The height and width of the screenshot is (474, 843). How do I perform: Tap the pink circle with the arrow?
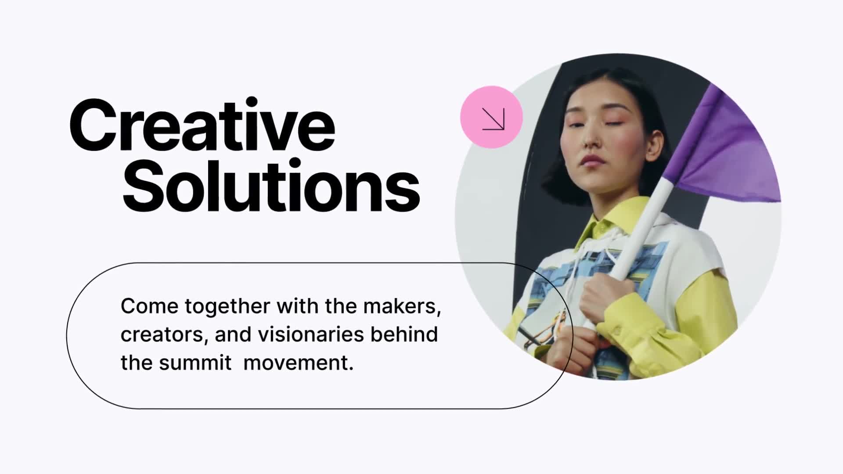point(491,117)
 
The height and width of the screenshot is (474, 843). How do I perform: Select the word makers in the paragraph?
point(402,306)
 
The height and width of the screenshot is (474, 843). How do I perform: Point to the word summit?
point(195,363)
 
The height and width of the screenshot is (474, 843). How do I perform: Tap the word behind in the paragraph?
point(404,334)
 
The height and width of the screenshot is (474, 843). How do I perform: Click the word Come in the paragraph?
point(149,306)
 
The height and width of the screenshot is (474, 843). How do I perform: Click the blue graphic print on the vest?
point(571,281)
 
